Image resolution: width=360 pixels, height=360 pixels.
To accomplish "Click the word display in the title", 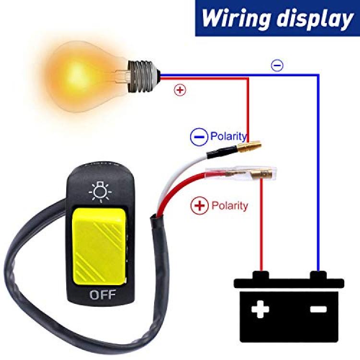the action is (314, 19).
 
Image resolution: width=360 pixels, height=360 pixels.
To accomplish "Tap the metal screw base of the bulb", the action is (144, 76).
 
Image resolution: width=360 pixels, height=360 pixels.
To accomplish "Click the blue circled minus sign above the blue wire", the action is (277, 65).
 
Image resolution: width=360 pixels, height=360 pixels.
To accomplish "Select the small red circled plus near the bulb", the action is (180, 90).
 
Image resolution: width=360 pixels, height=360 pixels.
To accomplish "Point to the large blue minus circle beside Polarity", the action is (199, 137).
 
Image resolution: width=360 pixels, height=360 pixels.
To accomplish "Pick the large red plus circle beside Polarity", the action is (200, 205).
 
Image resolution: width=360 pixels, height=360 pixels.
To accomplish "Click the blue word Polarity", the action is (228, 136).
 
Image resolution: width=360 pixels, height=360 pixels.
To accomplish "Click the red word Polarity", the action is (229, 205).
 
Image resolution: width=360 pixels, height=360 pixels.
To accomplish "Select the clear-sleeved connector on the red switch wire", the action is (241, 174).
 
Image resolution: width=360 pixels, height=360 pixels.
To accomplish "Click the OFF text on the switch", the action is (102, 295).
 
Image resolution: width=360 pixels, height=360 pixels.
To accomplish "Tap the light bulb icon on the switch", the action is (101, 192).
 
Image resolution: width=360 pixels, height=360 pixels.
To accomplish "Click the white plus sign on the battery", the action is (260, 309).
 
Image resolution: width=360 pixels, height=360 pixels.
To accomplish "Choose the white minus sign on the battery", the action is (318, 309).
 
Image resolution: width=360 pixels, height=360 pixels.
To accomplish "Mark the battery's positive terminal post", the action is (261, 275).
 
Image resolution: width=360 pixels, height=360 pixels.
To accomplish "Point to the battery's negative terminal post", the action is (318, 275).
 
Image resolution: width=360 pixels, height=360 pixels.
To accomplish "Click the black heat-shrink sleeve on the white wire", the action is (222, 152).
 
